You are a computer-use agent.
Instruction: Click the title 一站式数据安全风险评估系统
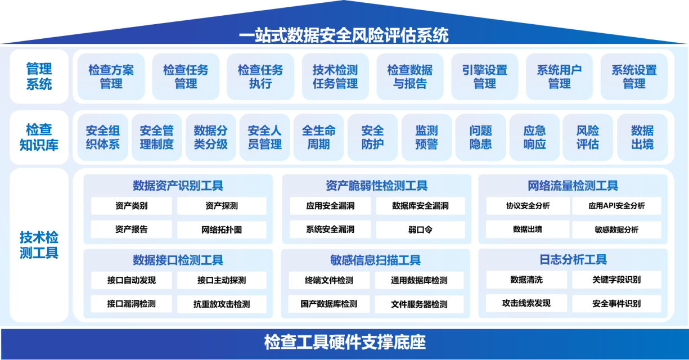[344, 35]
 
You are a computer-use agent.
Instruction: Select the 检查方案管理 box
[111, 76]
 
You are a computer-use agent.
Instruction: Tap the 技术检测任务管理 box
[335, 76]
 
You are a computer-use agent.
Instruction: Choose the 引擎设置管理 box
[485, 76]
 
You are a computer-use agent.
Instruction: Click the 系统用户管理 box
[559, 76]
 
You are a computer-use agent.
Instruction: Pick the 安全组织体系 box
[103, 137]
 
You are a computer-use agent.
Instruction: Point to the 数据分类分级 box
[211, 137]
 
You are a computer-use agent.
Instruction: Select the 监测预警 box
[427, 137]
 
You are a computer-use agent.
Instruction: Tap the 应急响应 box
[534, 137]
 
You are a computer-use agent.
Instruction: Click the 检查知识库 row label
[39, 137]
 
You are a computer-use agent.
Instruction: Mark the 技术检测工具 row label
[39, 245]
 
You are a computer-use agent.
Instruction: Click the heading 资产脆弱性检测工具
[376, 186]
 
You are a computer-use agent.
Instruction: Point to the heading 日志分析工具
[573, 259]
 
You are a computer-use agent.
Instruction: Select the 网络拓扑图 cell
[222, 229]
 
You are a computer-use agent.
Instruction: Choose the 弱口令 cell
[420, 229]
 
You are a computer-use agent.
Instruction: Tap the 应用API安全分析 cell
[616, 205]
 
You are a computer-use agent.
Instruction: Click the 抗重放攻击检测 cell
[222, 304]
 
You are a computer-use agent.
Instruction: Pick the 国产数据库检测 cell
[329, 304]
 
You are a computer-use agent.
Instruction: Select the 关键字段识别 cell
[616, 280]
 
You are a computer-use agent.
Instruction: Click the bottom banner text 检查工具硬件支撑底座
[344, 342]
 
